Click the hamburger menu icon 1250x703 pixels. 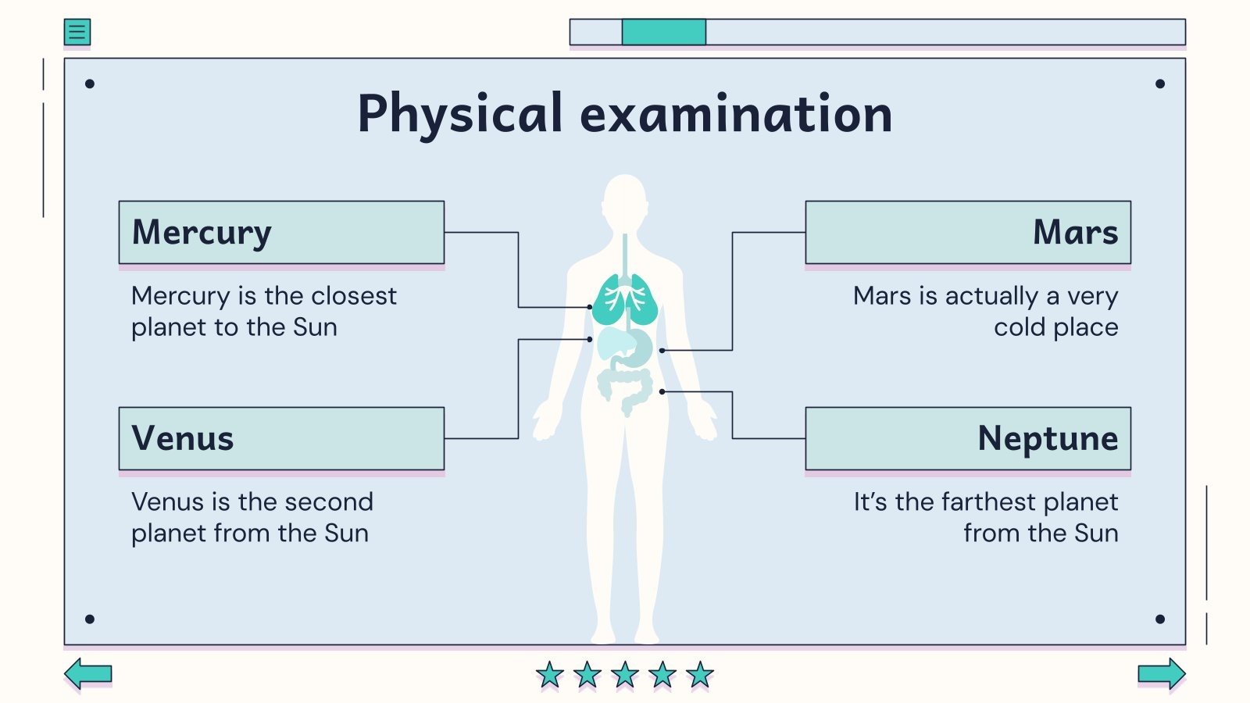(77, 32)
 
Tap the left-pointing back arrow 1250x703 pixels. (87, 673)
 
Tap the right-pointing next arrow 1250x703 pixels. (1162, 673)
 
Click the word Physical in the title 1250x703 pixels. (459, 114)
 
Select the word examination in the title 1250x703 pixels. (736, 114)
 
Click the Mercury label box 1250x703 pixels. (281, 233)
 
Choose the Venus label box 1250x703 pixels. (281, 438)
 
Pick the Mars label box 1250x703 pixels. (968, 233)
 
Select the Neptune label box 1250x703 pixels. (968, 438)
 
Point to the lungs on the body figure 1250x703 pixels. (625, 300)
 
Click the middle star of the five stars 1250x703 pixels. (625, 674)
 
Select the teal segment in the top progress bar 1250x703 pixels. (664, 32)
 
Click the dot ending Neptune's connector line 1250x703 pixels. (662, 391)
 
